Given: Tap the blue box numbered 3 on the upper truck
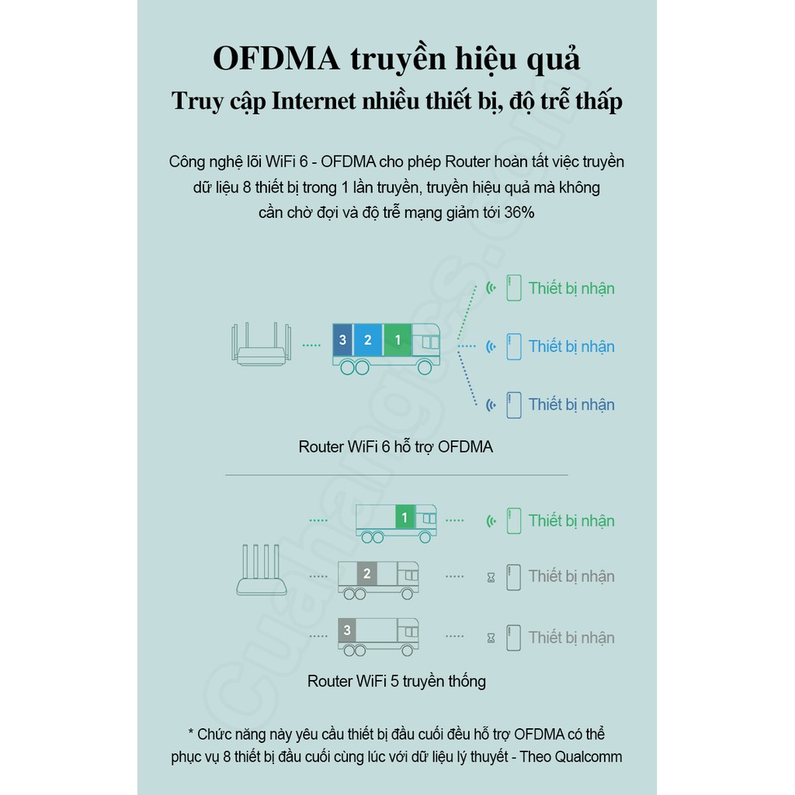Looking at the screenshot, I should pyautogui.click(x=342, y=340).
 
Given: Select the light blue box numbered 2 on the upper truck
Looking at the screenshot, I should pyautogui.click(x=367, y=340).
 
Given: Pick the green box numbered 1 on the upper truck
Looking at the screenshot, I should pyautogui.click(x=397, y=340).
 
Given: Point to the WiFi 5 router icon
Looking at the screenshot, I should pyautogui.click(x=261, y=571).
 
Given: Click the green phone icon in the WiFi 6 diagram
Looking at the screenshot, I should pyautogui.click(x=513, y=288).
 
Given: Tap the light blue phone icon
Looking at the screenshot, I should pyautogui.click(x=513, y=346).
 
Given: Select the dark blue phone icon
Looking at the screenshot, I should pyautogui.click(x=513, y=404).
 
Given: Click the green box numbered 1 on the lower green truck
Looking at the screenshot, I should pyautogui.click(x=404, y=517).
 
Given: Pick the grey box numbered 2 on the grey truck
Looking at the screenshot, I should pyautogui.click(x=367, y=575).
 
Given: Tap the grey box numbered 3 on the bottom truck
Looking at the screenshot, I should pyautogui.click(x=347, y=630).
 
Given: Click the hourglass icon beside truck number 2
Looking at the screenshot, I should pyautogui.click(x=491, y=577).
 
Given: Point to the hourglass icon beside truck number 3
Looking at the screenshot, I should pyautogui.click(x=491, y=638).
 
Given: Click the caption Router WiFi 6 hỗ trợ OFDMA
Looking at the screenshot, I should pyautogui.click(x=396, y=447).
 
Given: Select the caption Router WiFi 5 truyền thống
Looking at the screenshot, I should pyautogui.click(x=397, y=682).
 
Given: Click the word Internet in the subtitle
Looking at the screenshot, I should pyautogui.click(x=314, y=101).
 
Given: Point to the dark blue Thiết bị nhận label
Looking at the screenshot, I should pyautogui.click(x=571, y=404).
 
